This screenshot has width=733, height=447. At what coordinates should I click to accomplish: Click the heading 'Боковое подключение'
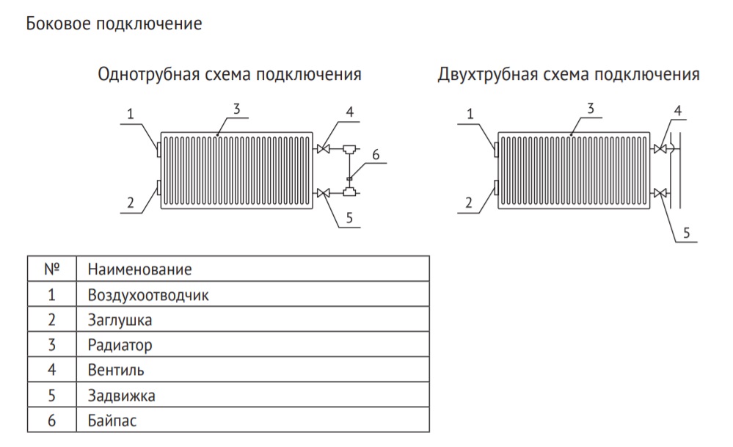pyautogui.click(x=114, y=23)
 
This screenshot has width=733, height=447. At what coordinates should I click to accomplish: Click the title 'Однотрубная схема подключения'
pyautogui.click(x=230, y=74)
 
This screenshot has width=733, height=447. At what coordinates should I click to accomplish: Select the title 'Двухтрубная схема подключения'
pyautogui.click(x=569, y=74)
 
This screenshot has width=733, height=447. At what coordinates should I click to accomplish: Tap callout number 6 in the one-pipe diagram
pyautogui.click(x=376, y=154)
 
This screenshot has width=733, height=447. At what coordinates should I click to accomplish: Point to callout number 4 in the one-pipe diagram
pyautogui.click(x=349, y=112)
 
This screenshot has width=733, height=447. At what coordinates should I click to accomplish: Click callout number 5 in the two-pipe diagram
pyautogui.click(x=686, y=233)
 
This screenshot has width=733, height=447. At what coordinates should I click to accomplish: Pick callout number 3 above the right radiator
pyautogui.click(x=591, y=109)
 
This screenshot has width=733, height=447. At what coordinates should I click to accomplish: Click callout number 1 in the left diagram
pyautogui.click(x=131, y=114)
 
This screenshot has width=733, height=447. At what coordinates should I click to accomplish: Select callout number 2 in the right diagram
pyautogui.click(x=468, y=203)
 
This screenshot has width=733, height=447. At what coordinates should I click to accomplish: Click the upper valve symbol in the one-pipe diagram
pyautogui.click(x=323, y=149)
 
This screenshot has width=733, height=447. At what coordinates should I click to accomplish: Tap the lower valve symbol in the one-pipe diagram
pyautogui.click(x=323, y=192)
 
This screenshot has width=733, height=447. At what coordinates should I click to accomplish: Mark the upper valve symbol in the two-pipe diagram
pyautogui.click(x=660, y=149)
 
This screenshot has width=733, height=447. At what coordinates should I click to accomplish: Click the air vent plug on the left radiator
pyautogui.click(x=159, y=150)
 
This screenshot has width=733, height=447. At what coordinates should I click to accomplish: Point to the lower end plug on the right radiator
pyautogui.click(x=496, y=187)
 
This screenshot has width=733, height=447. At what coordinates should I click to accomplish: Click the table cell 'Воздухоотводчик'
pyautogui.click(x=148, y=295)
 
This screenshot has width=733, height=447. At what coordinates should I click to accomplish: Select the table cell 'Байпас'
pyautogui.click(x=112, y=421)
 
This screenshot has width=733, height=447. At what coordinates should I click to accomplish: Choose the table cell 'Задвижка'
pyautogui.click(x=122, y=396)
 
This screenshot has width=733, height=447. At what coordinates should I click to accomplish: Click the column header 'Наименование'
pyautogui.click(x=139, y=269)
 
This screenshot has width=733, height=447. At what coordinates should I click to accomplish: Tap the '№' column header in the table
pyautogui.click(x=51, y=269)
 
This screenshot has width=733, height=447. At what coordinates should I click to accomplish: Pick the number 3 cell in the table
pyautogui.click(x=51, y=345)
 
